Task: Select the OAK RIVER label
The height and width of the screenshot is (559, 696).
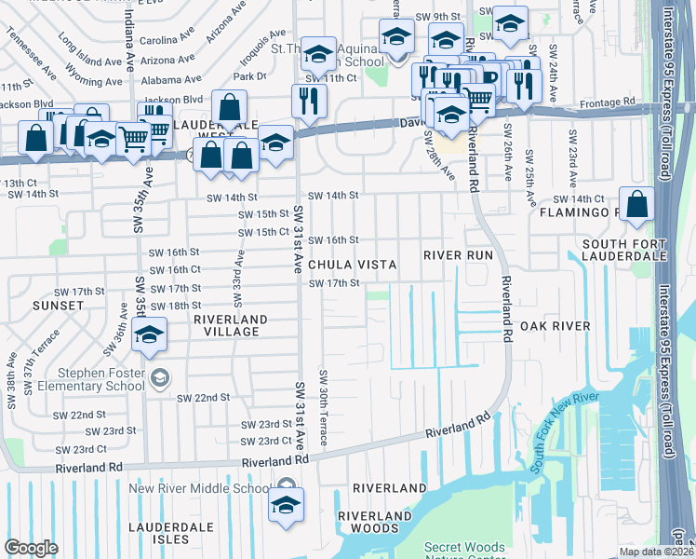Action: (555, 325)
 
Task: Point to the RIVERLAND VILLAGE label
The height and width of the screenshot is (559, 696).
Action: (230, 325)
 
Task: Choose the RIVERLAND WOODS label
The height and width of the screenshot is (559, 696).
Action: (375, 523)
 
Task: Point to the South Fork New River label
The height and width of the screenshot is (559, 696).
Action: (557, 445)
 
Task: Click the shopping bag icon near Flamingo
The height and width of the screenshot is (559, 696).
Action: (636, 207)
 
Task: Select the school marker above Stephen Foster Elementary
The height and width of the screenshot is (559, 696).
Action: (148, 336)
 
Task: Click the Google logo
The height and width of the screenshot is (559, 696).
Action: (30, 549)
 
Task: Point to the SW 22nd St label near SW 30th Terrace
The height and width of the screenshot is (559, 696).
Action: (204, 398)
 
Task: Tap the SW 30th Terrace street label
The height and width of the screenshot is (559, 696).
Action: (323, 406)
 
